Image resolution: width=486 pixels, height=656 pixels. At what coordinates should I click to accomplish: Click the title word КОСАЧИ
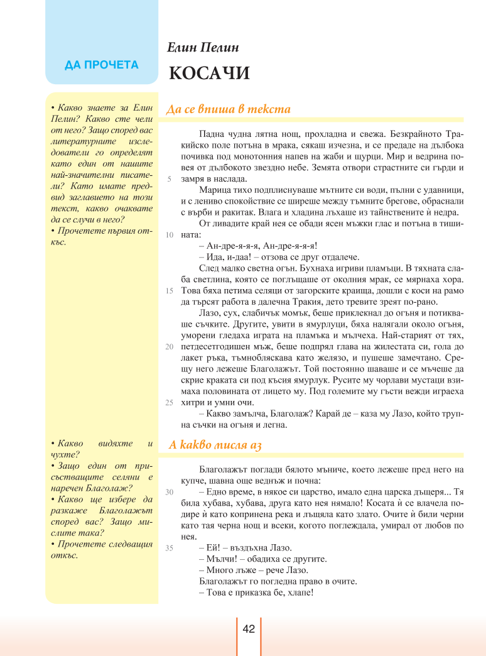point(209,74)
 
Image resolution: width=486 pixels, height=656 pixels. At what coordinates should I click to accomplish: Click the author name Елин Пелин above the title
point(203,48)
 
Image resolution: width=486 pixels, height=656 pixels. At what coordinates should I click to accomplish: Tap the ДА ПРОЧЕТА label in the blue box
point(102,65)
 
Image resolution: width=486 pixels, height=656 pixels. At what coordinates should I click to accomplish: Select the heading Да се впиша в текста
point(229,109)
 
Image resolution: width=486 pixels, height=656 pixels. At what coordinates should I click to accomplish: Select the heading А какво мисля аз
point(215,446)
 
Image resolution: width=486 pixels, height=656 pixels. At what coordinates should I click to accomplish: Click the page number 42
point(248,629)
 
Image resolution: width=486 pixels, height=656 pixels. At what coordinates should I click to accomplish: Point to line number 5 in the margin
point(170,179)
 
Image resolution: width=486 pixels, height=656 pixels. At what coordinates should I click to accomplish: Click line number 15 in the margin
point(169,291)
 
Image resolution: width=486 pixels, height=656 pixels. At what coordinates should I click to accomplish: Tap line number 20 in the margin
point(169,346)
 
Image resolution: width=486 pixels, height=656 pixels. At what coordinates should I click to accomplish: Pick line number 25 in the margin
point(169,402)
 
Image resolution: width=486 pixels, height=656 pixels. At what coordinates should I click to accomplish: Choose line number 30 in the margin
point(169,492)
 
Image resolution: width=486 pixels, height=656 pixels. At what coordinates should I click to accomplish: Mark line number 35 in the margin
point(169,548)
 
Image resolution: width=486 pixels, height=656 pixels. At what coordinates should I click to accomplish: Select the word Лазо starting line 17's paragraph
point(208,313)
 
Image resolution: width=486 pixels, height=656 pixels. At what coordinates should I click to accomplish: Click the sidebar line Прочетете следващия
point(102,544)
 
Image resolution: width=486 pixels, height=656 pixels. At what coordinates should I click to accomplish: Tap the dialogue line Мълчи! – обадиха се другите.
point(267,559)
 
